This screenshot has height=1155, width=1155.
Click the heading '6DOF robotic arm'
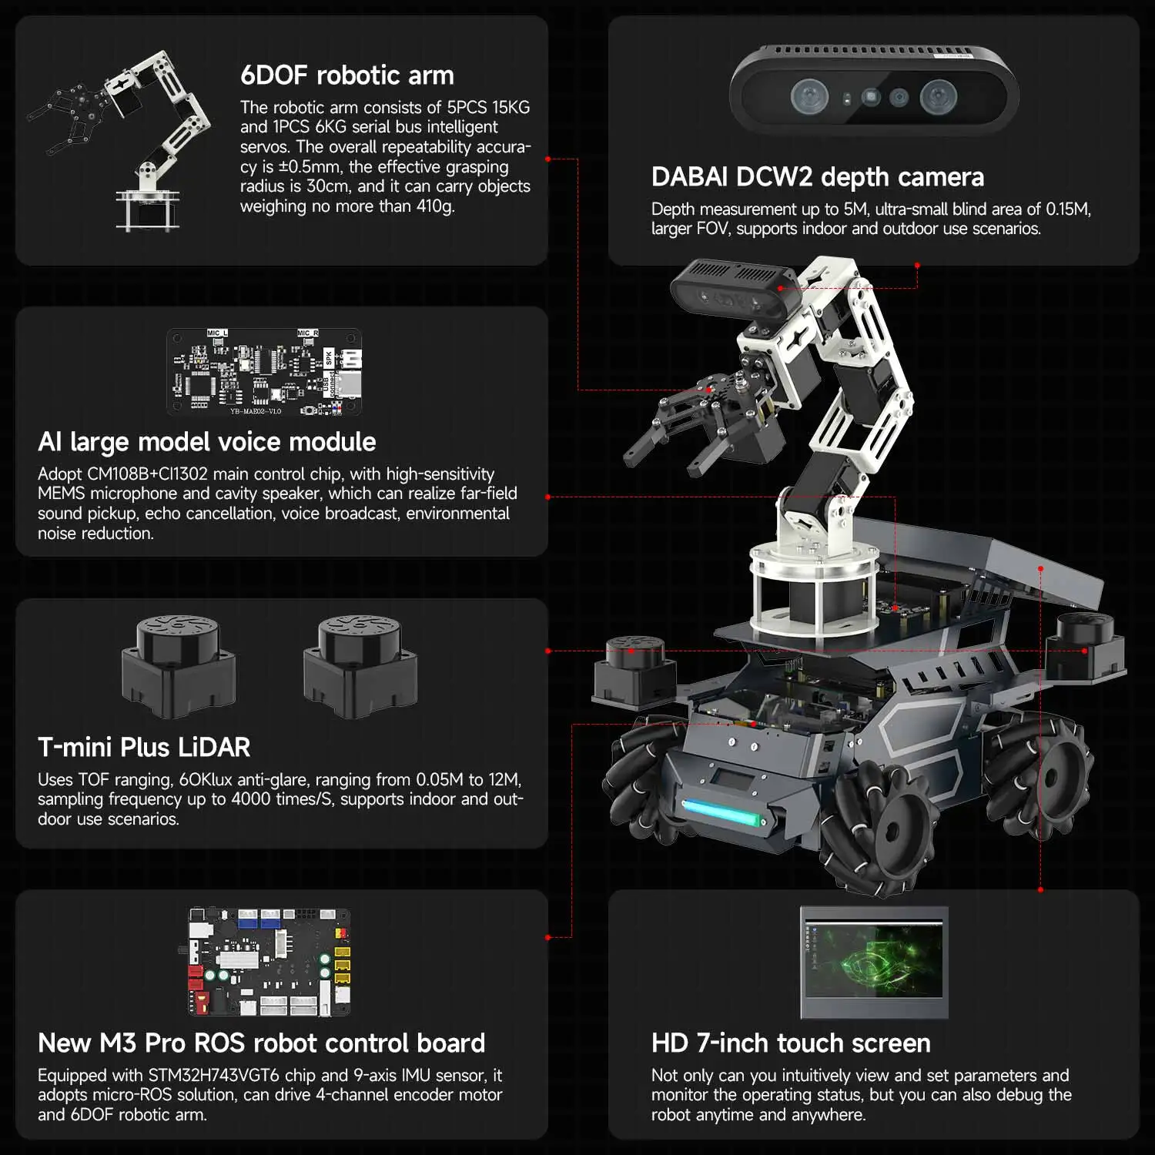[x=346, y=75]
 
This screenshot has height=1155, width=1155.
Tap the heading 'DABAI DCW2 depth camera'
[x=817, y=177]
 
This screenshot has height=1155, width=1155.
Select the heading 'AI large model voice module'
[x=206, y=442]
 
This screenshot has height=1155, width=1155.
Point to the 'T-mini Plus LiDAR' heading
[x=144, y=747]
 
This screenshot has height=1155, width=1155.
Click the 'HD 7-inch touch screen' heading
[x=791, y=1043]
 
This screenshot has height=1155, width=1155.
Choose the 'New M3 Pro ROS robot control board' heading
[x=261, y=1043]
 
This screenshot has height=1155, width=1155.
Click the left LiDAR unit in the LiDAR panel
[x=179, y=666]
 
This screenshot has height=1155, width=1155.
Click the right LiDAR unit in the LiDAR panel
[x=360, y=666]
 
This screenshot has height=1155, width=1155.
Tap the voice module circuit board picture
[x=264, y=373]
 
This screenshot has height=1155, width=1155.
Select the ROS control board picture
[x=269, y=962]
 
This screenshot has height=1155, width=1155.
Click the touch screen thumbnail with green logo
[x=874, y=962]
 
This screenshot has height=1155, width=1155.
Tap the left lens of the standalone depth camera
[x=810, y=97]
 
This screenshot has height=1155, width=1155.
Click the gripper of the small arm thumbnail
[x=65, y=115]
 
